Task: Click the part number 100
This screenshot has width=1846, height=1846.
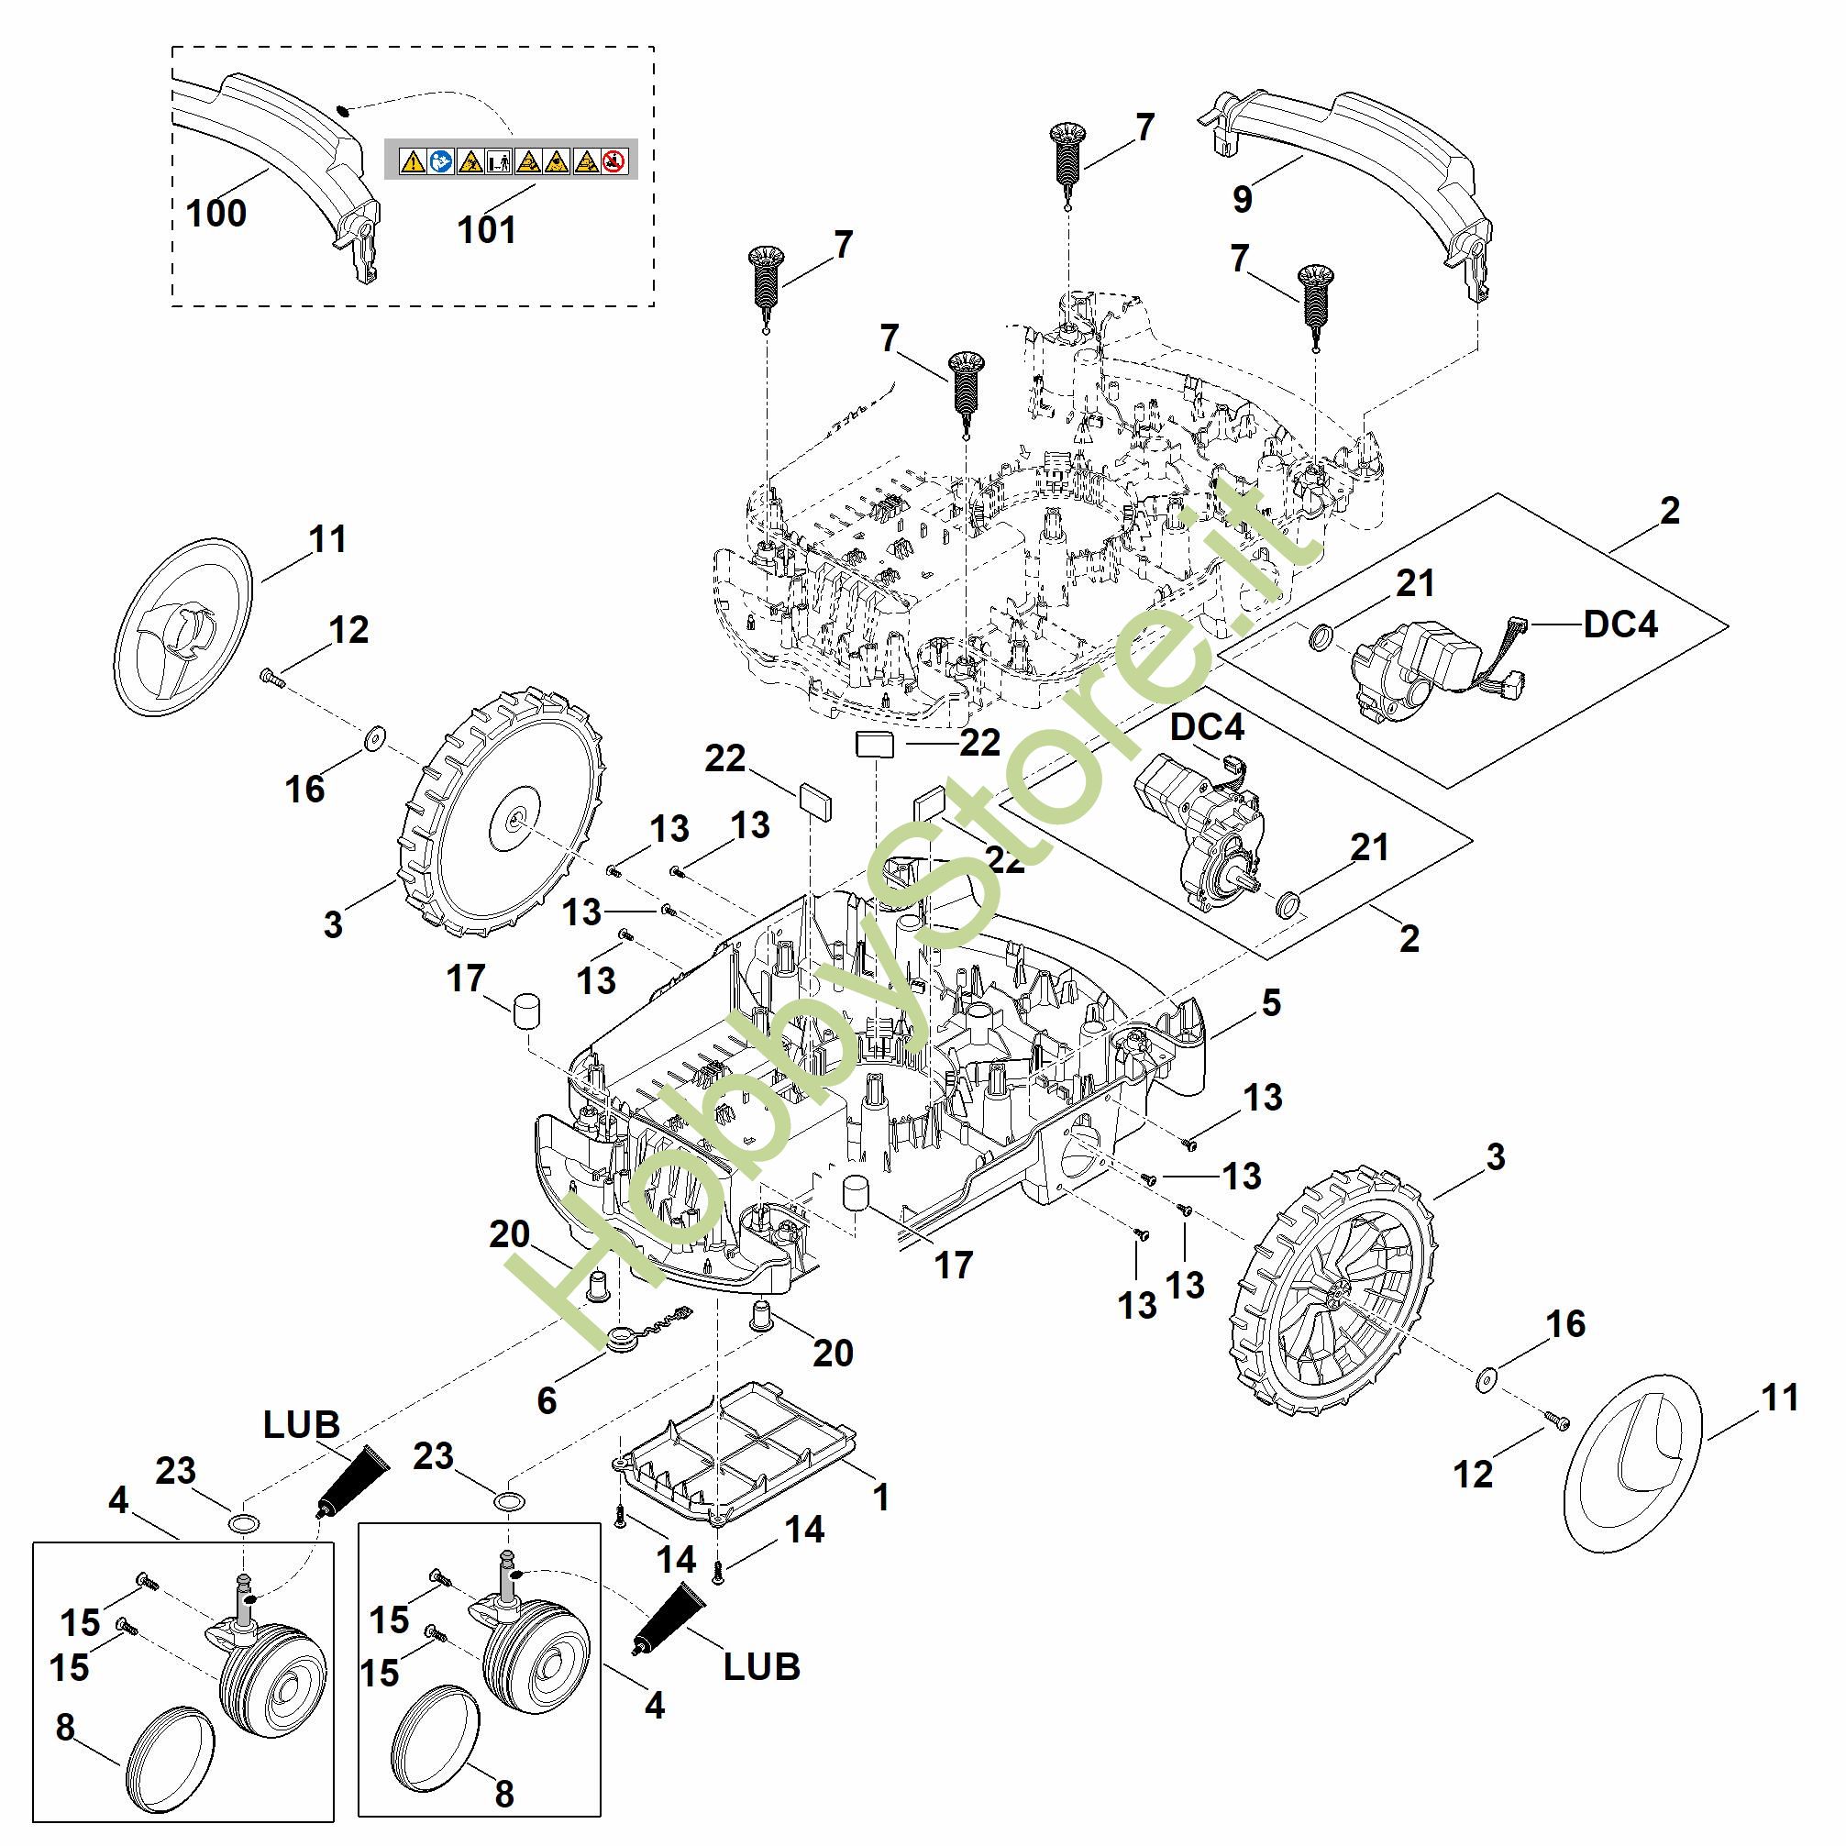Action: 216,212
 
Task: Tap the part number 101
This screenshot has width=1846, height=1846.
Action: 486,229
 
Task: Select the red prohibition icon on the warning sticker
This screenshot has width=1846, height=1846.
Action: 615,161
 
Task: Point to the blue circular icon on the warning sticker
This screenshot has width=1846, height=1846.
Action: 441,161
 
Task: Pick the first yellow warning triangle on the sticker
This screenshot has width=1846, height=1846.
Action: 412,161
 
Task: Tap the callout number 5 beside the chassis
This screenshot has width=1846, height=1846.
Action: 1271,1002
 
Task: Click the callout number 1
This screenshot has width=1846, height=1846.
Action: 881,1497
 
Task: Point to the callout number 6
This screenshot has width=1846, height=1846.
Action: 547,1399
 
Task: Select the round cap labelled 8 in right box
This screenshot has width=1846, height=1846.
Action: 435,1735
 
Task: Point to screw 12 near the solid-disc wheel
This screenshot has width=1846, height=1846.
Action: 271,678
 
